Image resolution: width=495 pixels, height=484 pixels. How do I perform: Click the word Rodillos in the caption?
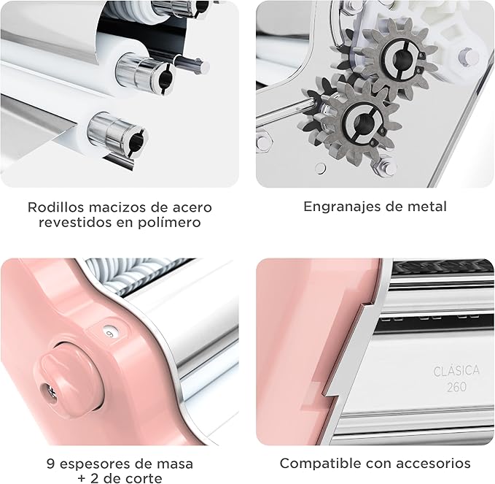click(x=55, y=207)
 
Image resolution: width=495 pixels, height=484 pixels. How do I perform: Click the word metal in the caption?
click(x=427, y=207)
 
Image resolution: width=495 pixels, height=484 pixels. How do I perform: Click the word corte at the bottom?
click(x=144, y=478)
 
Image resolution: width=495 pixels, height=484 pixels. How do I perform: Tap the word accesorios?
click(x=434, y=464)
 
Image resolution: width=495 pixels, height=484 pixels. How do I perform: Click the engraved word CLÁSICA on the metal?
click(x=456, y=371)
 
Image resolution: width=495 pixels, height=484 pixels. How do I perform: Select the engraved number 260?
click(x=456, y=387)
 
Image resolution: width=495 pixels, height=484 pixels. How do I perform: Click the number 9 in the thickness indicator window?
click(x=109, y=333)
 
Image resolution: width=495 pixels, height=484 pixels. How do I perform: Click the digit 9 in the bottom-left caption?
click(x=51, y=464)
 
